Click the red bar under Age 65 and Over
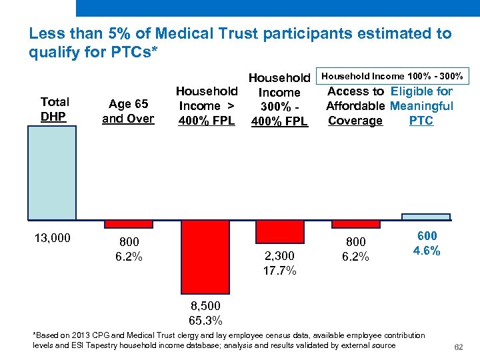click(x=129, y=224)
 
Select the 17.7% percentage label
click(x=280, y=271)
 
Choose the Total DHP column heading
click(x=55, y=109)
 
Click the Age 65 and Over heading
click(x=128, y=111)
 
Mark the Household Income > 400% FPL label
click(x=207, y=105)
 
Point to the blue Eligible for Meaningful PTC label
click(x=421, y=106)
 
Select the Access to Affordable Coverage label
click(x=355, y=106)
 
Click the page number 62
click(x=458, y=347)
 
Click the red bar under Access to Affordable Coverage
click(x=356, y=224)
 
